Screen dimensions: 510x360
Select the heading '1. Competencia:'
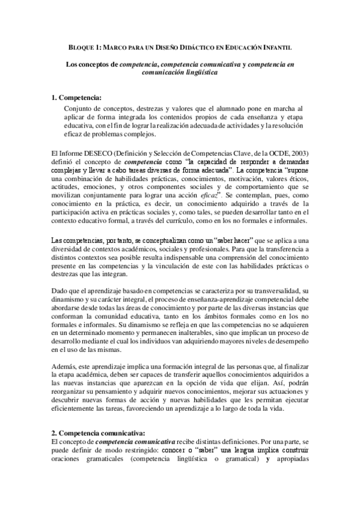point(76,97)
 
